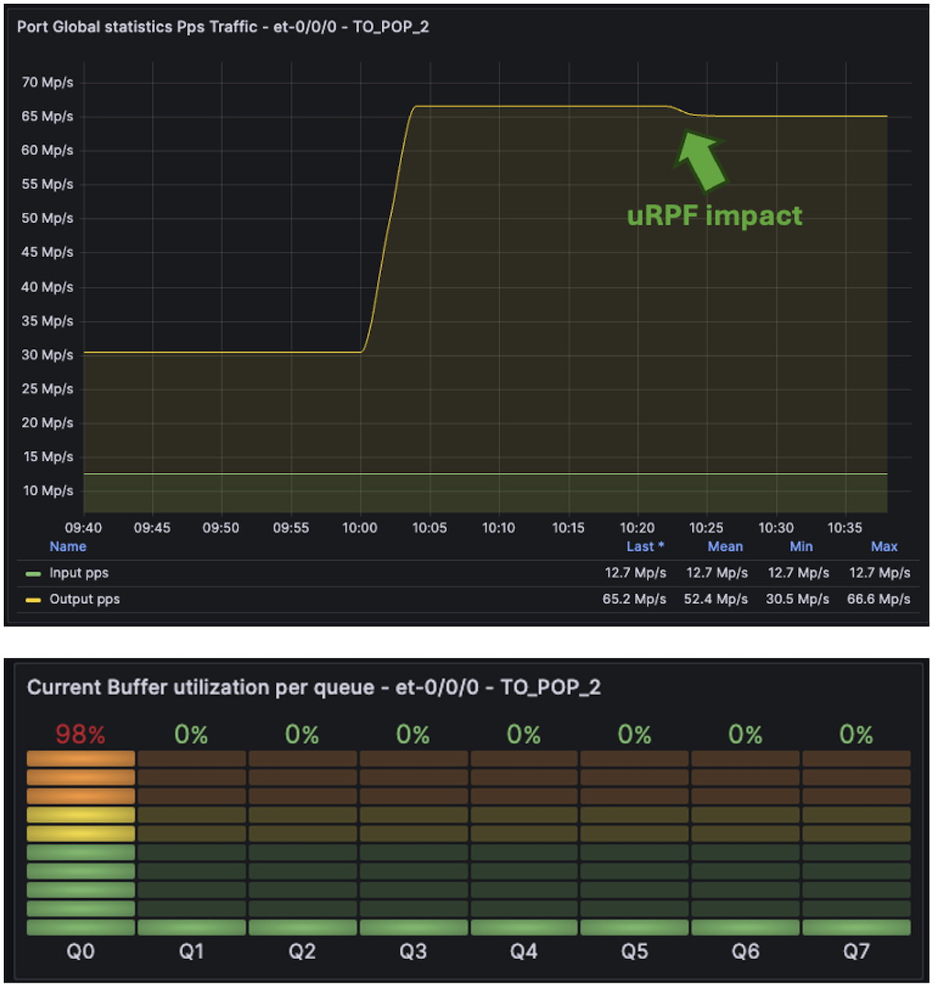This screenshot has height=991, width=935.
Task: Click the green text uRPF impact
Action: click(714, 216)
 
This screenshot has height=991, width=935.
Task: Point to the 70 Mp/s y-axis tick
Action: click(48, 82)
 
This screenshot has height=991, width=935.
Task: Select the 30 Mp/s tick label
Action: click(48, 354)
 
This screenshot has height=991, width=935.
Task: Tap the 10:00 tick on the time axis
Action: click(360, 527)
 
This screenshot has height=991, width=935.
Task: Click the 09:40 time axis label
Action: click(83, 527)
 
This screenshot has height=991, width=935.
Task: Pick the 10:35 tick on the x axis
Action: click(845, 527)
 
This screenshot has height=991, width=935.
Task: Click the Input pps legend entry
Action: click(79, 573)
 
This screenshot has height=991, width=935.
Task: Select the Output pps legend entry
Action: click(84, 599)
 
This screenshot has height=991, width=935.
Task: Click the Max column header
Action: click(884, 546)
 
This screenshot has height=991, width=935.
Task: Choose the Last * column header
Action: click(645, 546)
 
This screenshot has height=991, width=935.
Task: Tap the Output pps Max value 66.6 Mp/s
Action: click(878, 599)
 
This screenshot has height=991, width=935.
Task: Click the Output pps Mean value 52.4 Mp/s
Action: click(715, 599)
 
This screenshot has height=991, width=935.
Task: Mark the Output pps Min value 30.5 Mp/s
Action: click(797, 599)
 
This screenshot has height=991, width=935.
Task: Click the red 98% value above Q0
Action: click(80, 734)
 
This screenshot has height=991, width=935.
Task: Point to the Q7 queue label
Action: click(856, 951)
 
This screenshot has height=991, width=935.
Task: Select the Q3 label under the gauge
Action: click(413, 951)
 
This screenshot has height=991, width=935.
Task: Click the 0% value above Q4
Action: click(524, 734)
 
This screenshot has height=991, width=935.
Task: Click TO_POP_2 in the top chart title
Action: click(391, 26)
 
